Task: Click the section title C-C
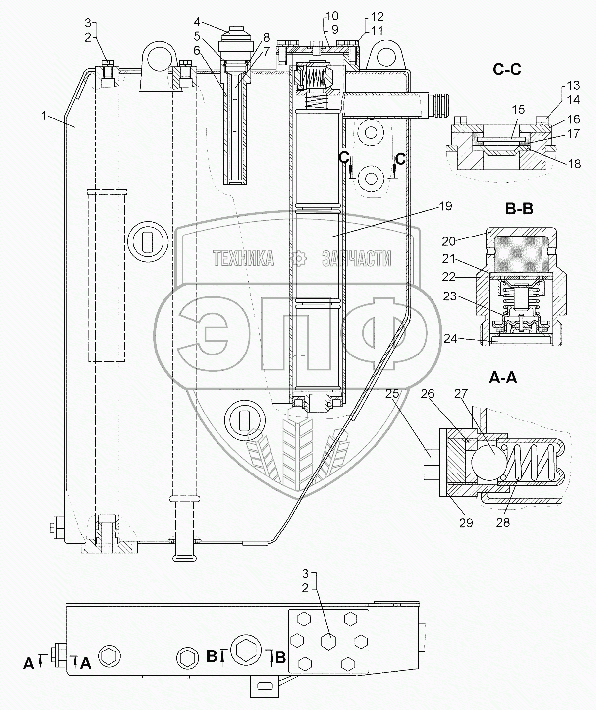coord(507,70)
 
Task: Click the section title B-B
coord(519,209)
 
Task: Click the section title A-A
coord(503,378)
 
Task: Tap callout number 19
coord(445,206)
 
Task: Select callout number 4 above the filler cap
coord(197,22)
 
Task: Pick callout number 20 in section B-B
coord(448,241)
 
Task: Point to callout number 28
coord(503,522)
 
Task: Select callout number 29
coord(466,522)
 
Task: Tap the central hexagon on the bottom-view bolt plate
coord(328,640)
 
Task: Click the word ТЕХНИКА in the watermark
coord(243,258)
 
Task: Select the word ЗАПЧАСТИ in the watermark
coord(356,258)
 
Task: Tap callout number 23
coord(449,297)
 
